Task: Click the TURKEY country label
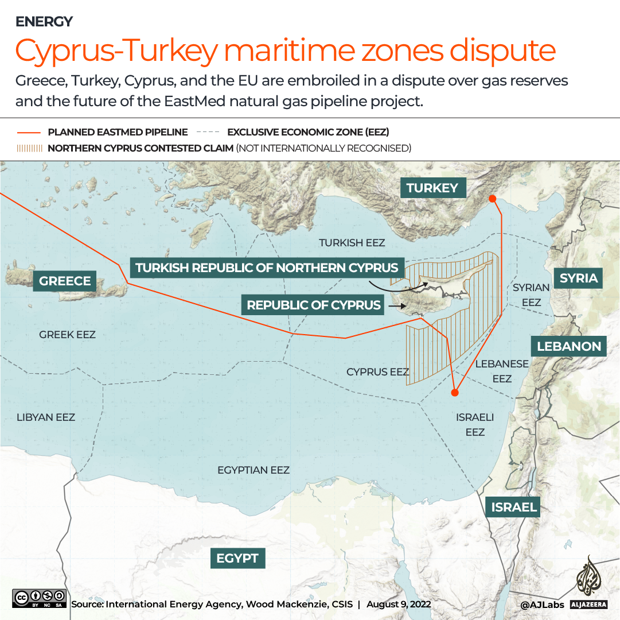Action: pos(432,188)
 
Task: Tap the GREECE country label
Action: pos(65,281)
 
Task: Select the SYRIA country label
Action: pos(578,278)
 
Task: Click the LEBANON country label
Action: pos(568,346)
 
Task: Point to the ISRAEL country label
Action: pos(513,507)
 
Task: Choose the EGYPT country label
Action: pos(237,558)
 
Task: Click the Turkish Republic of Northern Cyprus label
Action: pos(267,268)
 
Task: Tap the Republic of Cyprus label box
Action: pos(314,305)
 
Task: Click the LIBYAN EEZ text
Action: pos(46,417)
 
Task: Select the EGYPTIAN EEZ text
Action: pos(253,470)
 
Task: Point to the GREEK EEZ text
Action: pos(67,335)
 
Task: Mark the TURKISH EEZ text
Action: pos(352,243)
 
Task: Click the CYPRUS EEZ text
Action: pos(377,372)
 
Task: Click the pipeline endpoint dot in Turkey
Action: pos(492,199)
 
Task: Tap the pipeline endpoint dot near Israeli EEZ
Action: pos(454,393)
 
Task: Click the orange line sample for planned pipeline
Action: pos(28,132)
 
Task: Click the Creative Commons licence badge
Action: pos(39,598)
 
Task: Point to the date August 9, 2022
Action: pos(399,604)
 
